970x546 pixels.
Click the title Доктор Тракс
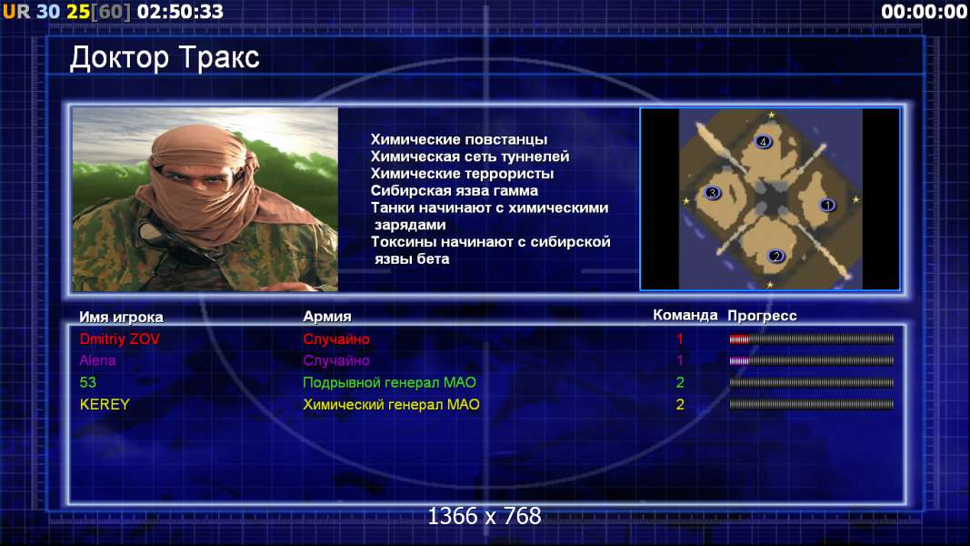pyautogui.click(x=165, y=58)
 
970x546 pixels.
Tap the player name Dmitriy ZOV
pyautogui.click(x=119, y=339)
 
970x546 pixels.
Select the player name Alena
pyautogui.click(x=97, y=360)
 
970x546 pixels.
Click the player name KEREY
pyautogui.click(x=105, y=404)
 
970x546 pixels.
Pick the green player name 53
pyautogui.click(x=88, y=382)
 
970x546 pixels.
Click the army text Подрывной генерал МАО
pyautogui.click(x=389, y=382)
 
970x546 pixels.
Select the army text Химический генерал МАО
pyautogui.click(x=391, y=404)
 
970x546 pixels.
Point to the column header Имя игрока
pyautogui.click(x=121, y=317)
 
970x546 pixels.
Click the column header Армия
pyautogui.click(x=327, y=317)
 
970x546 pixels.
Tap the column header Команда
pyautogui.click(x=685, y=315)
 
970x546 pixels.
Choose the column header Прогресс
pyautogui.click(x=762, y=316)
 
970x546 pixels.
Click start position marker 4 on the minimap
pyautogui.click(x=764, y=142)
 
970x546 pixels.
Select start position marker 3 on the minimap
pyautogui.click(x=712, y=193)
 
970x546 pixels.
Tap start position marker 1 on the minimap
pyautogui.click(x=827, y=205)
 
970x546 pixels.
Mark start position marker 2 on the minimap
pyautogui.click(x=775, y=256)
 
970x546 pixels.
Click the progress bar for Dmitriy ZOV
pyautogui.click(x=811, y=339)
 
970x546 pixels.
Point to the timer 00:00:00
pyautogui.click(x=925, y=11)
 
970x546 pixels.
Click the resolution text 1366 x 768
pyautogui.click(x=485, y=516)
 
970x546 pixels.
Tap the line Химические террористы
pyautogui.click(x=462, y=173)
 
